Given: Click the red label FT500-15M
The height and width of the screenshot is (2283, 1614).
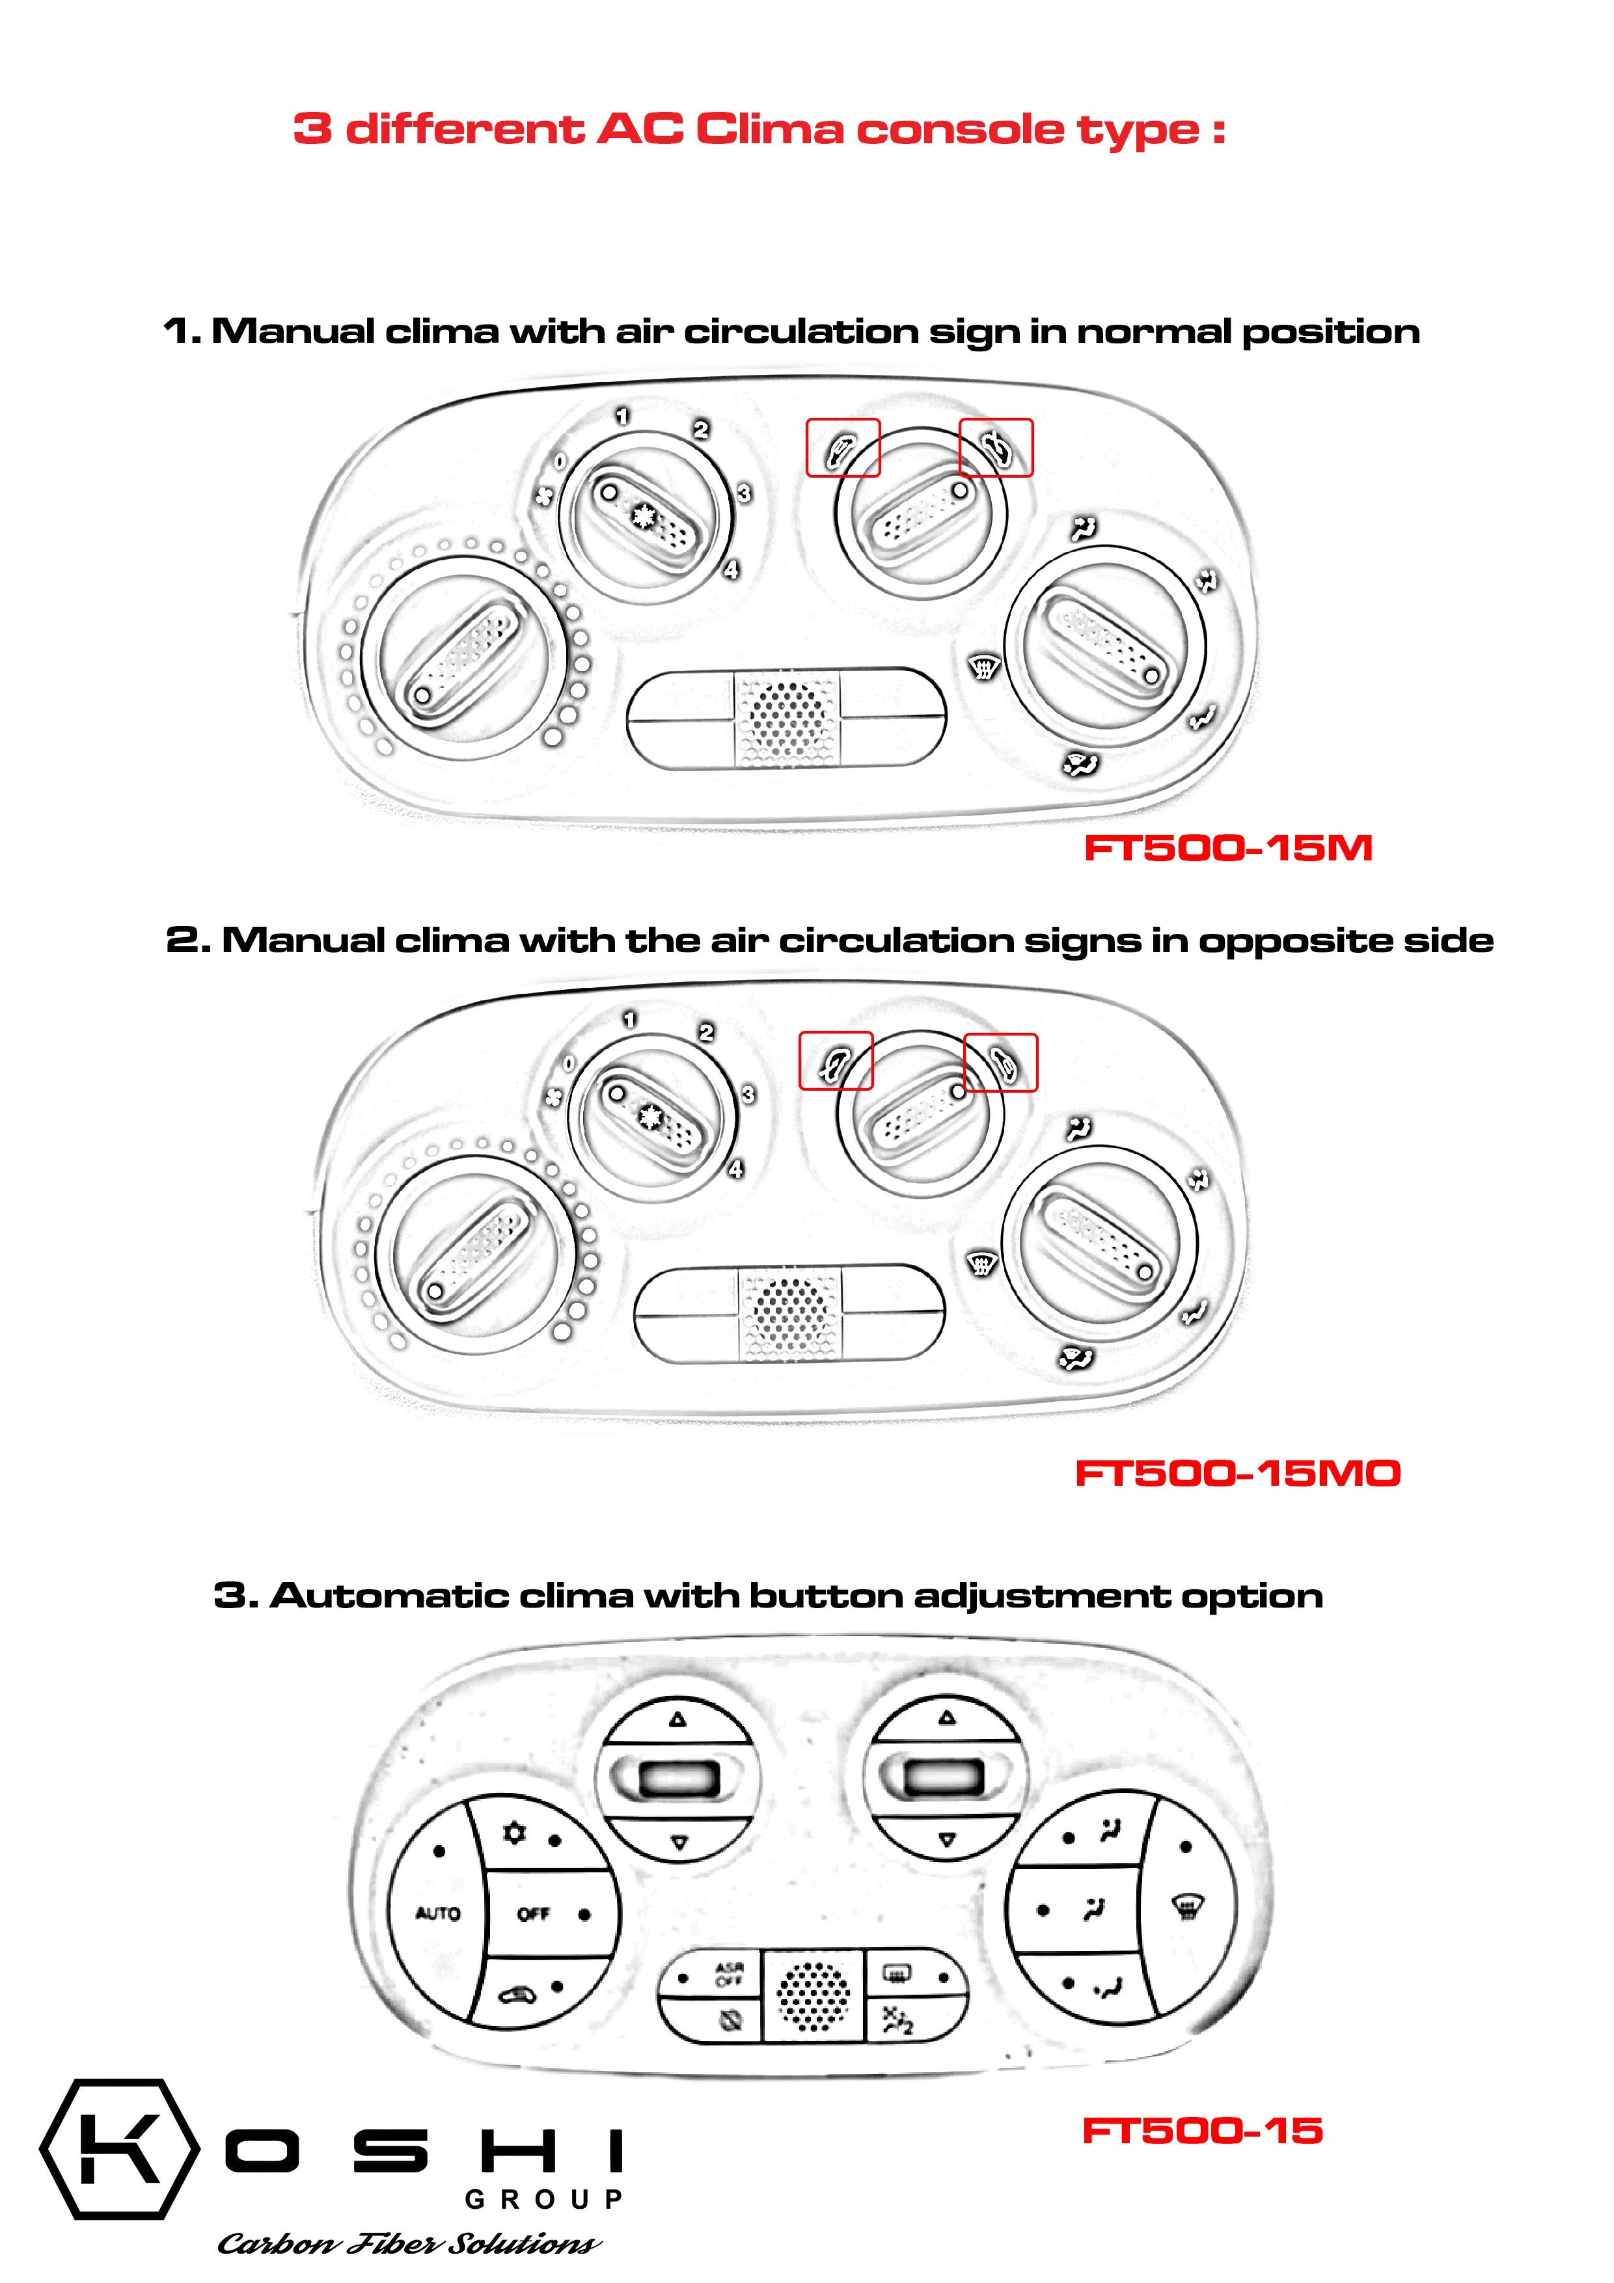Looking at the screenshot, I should [x=1227, y=848].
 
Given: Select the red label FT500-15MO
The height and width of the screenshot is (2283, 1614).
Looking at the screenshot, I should [x=1237, y=1473].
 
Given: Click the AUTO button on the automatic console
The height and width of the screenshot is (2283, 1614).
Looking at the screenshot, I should [x=437, y=1913].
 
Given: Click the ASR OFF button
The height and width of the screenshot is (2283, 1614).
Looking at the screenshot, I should [x=728, y=1974].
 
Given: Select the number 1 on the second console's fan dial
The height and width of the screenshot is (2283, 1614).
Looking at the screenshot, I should [x=629, y=1019].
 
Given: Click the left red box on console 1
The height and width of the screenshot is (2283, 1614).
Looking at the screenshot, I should [x=842, y=448].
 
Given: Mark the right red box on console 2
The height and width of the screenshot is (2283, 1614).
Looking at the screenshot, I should [x=1000, y=1063].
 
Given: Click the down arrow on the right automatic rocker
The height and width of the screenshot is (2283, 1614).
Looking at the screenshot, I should [x=947, y=1840].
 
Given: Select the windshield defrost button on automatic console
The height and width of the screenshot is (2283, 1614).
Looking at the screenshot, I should [x=1187, y=1906].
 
